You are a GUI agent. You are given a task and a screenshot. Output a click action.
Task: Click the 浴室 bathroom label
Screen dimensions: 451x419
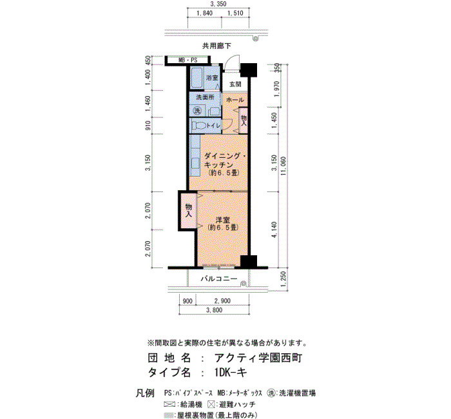click(x=212, y=78)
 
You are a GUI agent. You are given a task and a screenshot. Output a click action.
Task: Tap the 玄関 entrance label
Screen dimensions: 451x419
click(x=235, y=84)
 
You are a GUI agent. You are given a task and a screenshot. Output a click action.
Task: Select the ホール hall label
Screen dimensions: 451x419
click(x=235, y=100)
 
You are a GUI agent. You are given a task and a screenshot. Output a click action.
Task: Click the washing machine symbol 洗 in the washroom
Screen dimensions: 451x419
click(x=197, y=110)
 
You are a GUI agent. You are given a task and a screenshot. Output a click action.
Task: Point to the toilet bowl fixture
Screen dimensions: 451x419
click(x=199, y=126)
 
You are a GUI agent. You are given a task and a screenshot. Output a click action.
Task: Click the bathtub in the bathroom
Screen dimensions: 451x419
click(x=197, y=78)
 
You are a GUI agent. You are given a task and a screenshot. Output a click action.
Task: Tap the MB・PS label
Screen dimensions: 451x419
click(x=188, y=61)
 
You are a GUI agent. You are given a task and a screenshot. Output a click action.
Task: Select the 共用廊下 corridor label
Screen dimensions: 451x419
click(x=216, y=46)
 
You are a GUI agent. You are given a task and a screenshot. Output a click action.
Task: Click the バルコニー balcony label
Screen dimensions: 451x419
click(x=219, y=278)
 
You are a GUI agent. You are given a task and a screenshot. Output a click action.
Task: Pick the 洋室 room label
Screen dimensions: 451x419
click(x=223, y=220)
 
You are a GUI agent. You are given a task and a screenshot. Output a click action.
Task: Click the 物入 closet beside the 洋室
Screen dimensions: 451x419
click(x=188, y=211)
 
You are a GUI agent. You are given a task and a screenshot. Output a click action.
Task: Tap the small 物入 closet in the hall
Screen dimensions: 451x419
click(x=244, y=121)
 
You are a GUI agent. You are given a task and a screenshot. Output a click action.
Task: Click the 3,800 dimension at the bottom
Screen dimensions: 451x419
click(x=215, y=310)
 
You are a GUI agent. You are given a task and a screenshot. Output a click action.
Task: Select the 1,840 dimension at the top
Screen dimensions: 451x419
click(x=204, y=14)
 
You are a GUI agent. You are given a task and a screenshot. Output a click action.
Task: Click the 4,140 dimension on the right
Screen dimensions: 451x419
click(x=274, y=229)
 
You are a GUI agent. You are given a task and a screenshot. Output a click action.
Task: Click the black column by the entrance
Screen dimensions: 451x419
click(x=249, y=70)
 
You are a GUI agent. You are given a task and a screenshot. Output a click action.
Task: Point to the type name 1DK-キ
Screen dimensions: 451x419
click(x=231, y=373)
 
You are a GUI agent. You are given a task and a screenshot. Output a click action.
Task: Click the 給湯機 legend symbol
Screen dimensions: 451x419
click(x=169, y=404)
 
